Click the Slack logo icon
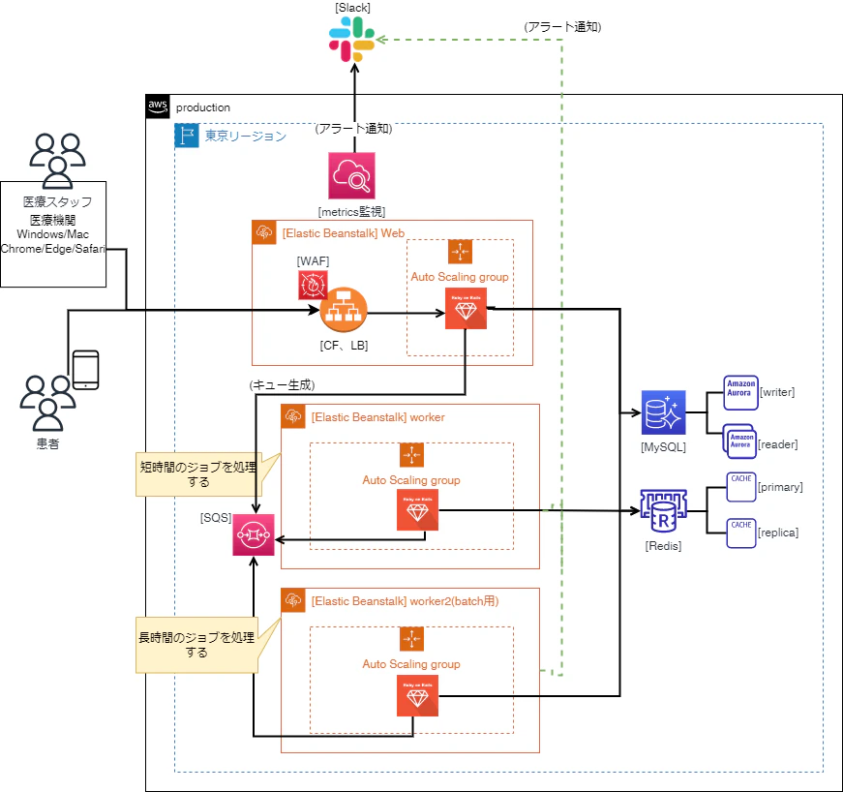[352, 40]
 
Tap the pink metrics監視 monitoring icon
[351, 175]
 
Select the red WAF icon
[313, 284]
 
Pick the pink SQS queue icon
[253, 534]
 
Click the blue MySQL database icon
[663, 414]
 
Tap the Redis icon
[663, 513]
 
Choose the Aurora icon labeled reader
[740, 442]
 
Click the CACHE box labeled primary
[740, 487]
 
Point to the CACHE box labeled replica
[740, 532]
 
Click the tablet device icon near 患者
[86, 369]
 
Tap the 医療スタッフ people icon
[57, 159]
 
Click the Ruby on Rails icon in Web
[466, 309]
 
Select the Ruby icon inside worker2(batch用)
[417, 695]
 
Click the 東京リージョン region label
[245, 137]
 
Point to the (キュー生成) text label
[282, 384]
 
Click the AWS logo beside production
[158, 107]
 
